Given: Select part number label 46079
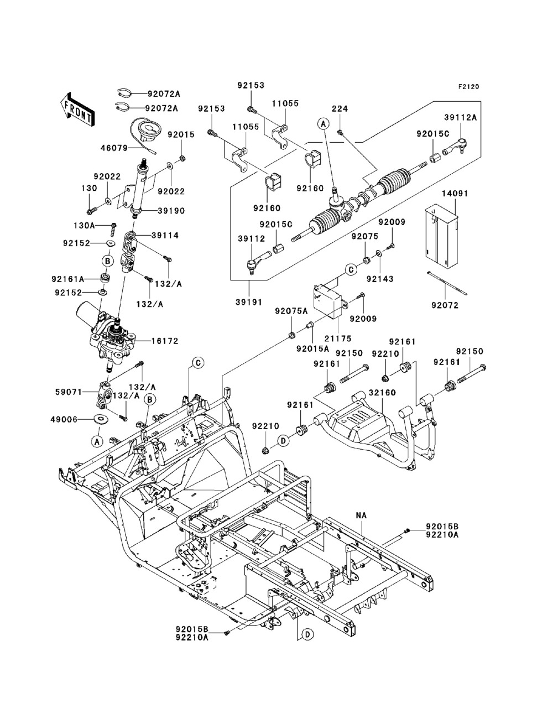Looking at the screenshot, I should [x=114, y=148].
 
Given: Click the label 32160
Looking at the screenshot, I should [x=381, y=392].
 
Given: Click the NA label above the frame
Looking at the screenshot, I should [x=361, y=515].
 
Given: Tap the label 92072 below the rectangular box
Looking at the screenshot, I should [x=446, y=304].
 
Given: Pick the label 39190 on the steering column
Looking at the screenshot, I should [x=171, y=211].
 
